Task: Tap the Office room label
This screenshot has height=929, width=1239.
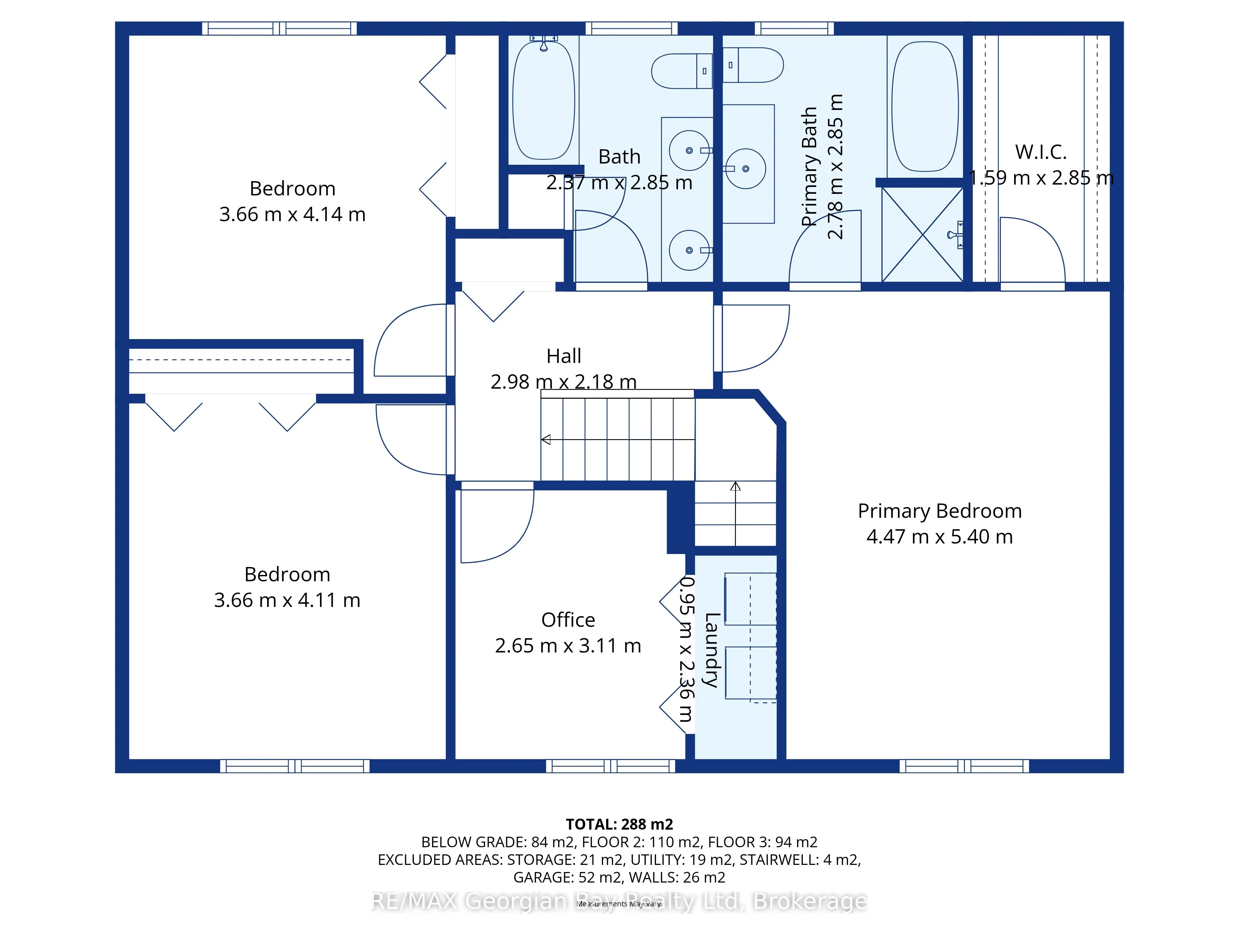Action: pyautogui.click(x=568, y=620)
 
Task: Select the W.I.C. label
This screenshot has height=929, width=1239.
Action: pyautogui.click(x=1041, y=152)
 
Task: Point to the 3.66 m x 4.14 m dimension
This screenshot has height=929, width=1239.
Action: pyautogui.click(x=292, y=215)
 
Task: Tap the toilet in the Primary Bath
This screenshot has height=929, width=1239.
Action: pyautogui.click(x=753, y=65)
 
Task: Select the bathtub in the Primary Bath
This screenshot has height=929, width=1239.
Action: pyautogui.click(x=925, y=107)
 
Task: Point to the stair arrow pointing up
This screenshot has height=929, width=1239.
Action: pyautogui.click(x=735, y=513)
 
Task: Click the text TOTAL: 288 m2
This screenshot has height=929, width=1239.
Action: pyautogui.click(x=619, y=824)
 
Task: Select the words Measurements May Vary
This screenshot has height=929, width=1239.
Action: pyautogui.click(x=619, y=904)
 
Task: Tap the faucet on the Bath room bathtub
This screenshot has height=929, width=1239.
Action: pyautogui.click(x=543, y=42)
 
